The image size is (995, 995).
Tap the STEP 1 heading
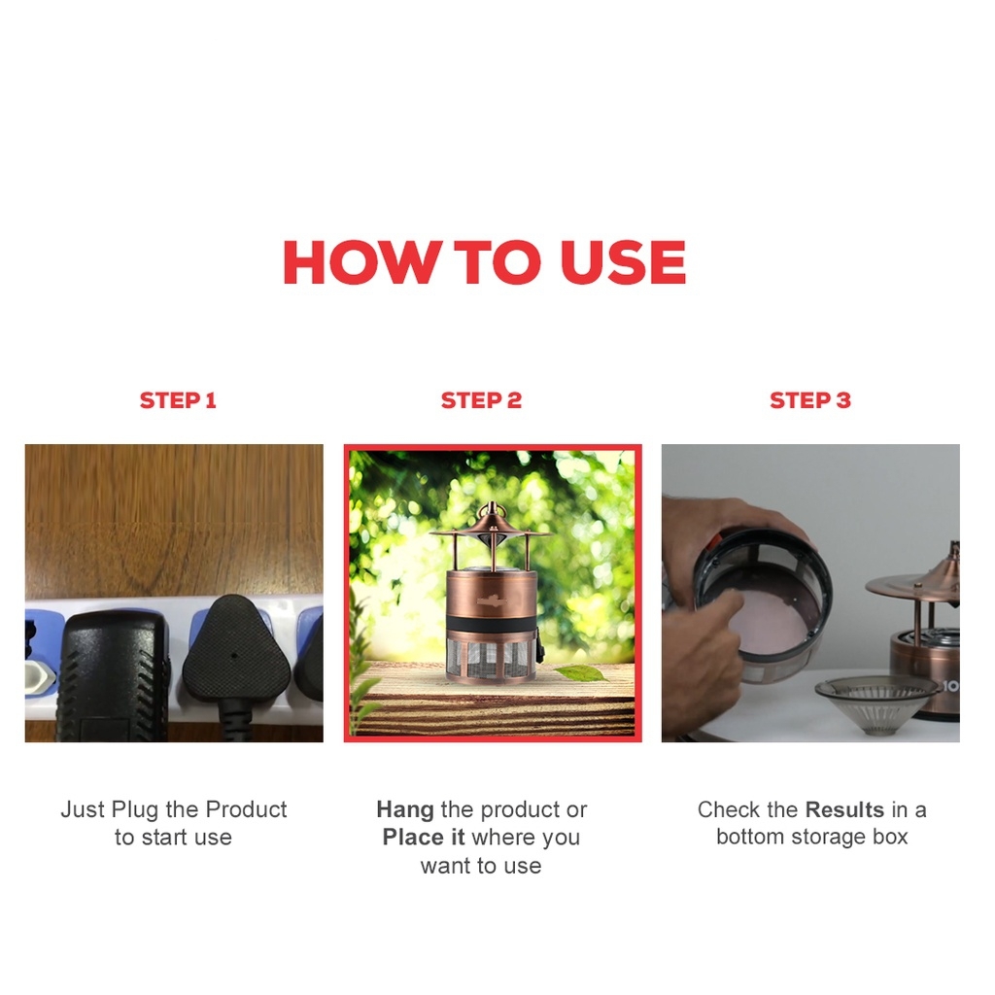178,400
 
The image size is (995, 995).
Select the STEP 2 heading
481,400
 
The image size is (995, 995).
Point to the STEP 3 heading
810,400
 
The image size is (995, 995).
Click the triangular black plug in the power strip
236,650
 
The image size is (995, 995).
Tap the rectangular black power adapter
115,676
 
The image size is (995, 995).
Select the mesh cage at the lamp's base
491,660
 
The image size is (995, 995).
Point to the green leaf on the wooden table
579,672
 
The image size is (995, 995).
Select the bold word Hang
405,810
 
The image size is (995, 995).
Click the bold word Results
844,809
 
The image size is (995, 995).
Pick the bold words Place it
424,838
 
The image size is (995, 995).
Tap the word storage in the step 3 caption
827,838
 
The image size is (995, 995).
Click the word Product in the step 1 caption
246,809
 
